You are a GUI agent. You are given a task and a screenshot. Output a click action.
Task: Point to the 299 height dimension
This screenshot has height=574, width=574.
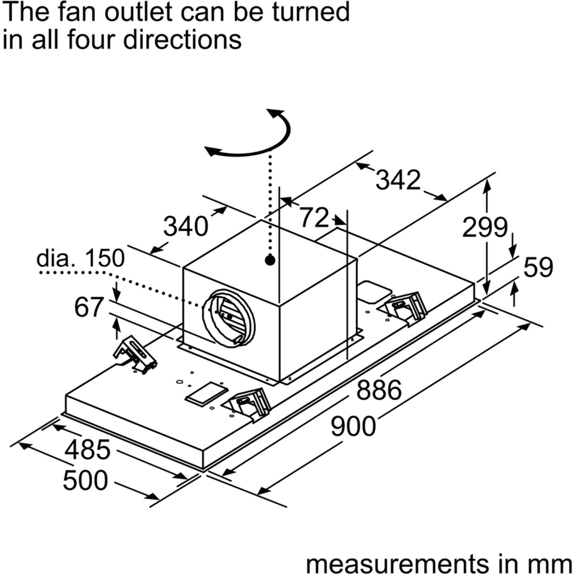tap(485, 227)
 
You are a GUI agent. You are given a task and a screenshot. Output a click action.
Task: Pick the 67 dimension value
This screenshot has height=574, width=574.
tap(89, 307)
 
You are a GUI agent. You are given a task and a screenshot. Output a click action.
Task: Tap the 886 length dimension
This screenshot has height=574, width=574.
tap(379, 390)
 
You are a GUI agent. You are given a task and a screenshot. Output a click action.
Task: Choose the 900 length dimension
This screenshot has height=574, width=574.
tap(353, 426)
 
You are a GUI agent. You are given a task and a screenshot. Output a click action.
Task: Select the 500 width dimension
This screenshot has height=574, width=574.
tap(85, 480)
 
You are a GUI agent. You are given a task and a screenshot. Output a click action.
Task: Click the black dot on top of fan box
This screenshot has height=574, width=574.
tap(270, 260)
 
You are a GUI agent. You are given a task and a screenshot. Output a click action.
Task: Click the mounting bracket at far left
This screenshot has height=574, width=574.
tap(134, 354)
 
